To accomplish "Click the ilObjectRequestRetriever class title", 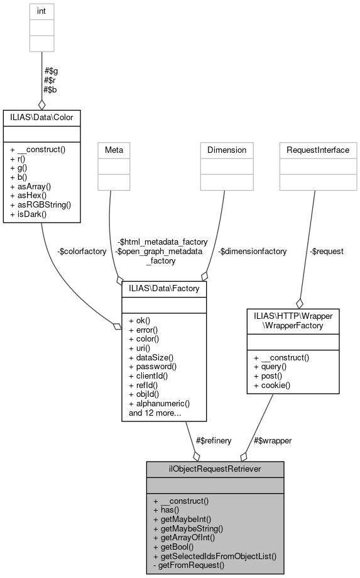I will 215,469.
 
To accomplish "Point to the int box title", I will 41,11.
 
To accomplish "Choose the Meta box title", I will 114,150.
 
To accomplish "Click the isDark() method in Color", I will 28,213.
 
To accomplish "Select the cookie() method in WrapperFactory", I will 274,384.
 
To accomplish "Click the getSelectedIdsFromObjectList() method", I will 214,557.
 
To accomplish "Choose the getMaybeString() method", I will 188,529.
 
